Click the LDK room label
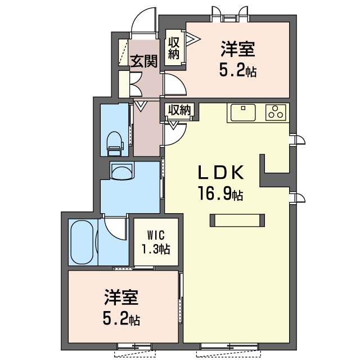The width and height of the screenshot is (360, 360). pos(220,173)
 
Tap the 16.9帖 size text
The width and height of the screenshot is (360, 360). pos(220,193)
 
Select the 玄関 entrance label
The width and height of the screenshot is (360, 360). pos(144,61)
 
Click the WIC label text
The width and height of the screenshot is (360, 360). pos(156,235)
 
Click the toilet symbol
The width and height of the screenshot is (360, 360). pos(114,143)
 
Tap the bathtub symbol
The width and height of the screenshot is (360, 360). pos(82,242)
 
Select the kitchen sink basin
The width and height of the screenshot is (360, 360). pos(243,112)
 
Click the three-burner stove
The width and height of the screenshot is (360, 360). pos(276,112)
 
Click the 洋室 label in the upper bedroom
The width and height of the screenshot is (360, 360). pos(237,49)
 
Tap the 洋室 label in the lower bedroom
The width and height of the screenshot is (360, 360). pos(121,297)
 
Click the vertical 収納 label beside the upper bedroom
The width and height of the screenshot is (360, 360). pos(174,49)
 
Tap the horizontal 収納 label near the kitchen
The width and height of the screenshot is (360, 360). pos(180,110)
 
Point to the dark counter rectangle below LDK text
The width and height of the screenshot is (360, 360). pos(237,220)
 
